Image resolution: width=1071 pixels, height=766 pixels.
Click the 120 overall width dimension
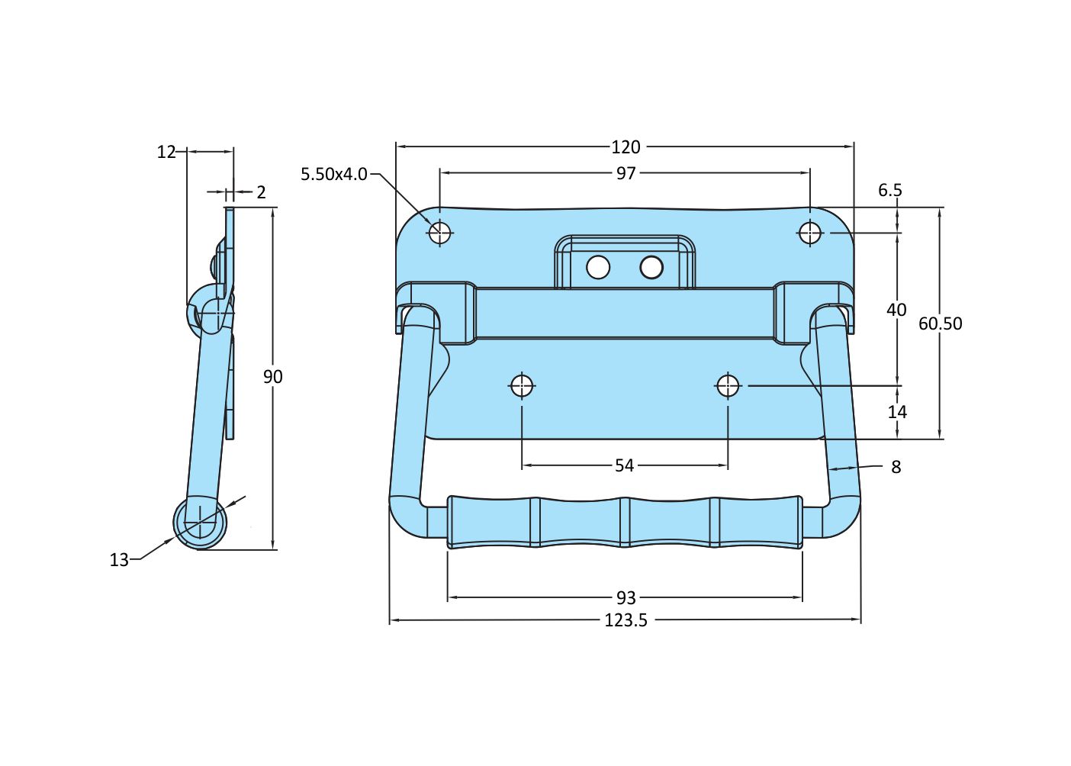pos(626,146)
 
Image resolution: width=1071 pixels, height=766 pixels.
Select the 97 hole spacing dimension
pos(626,173)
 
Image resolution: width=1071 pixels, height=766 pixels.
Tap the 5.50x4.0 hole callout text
pos(334,174)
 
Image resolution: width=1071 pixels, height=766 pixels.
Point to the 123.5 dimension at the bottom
pos(626,620)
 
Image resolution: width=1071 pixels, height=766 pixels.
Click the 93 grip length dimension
pos(626,597)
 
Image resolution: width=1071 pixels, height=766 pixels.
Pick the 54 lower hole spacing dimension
pos(624,465)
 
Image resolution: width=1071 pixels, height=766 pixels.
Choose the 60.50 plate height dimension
pos(940,323)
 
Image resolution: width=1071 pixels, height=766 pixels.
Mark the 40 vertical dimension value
pos(896,310)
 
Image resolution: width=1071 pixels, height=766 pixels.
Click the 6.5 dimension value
pos(889,190)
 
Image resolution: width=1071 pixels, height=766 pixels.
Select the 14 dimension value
pos(897,412)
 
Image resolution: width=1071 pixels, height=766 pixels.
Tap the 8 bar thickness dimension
pos(896,467)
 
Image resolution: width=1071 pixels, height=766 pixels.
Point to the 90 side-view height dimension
pos(272,376)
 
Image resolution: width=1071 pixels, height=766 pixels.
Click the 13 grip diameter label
pos(119,560)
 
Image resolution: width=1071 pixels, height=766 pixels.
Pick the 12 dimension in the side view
pos(166,152)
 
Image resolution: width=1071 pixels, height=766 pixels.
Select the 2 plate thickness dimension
pos(261,192)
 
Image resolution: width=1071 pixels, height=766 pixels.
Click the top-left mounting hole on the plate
pos(440,233)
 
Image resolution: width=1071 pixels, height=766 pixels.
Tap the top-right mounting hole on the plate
pos(810,233)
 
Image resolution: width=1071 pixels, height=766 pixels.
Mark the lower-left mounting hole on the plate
pos(522,386)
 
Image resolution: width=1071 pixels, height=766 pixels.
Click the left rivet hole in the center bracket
pos(598,267)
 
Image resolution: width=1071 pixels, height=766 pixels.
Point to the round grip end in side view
pos(200,523)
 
